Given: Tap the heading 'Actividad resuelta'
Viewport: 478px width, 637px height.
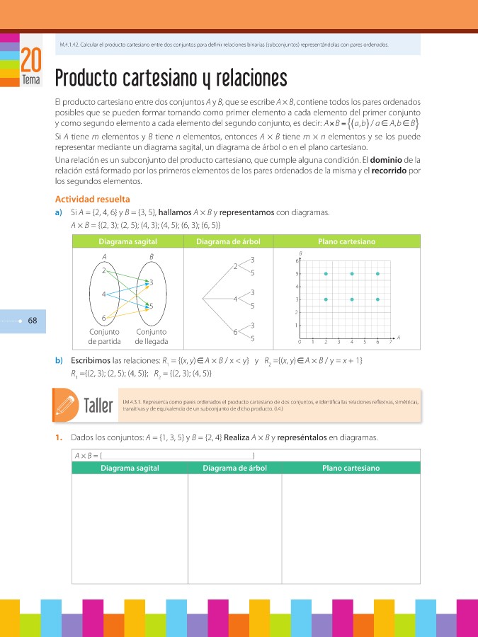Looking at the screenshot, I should pyautogui.click(x=92, y=199).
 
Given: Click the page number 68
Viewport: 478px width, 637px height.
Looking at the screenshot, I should pyautogui.click(x=32, y=321).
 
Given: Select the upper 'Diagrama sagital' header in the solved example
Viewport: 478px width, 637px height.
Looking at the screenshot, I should pyautogui.click(x=127, y=241).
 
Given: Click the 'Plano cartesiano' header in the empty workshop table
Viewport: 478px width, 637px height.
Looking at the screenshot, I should pyautogui.click(x=351, y=468).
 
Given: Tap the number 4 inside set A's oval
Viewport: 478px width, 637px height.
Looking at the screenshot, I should pyautogui.click(x=104, y=294).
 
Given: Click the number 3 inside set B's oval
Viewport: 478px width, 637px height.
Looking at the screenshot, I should pyautogui.click(x=151, y=282).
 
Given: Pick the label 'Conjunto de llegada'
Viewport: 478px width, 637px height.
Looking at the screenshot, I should pyautogui.click(x=151, y=336).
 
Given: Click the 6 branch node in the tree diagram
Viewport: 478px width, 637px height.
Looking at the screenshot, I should pyautogui.click(x=234, y=331).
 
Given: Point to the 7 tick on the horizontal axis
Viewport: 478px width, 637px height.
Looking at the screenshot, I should pyautogui.click(x=390, y=342).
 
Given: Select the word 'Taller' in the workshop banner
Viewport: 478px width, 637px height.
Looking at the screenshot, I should pyautogui.click(x=98, y=406).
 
